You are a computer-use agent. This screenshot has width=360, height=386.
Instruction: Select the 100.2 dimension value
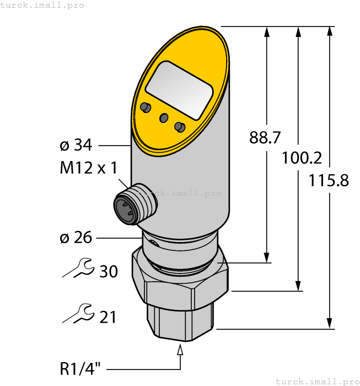pyautogui.click(x=302, y=158)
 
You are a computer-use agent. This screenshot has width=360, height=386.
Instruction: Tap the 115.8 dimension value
pyautogui.click(x=329, y=180)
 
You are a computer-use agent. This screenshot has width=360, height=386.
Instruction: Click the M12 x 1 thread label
pyautogui.click(x=88, y=168)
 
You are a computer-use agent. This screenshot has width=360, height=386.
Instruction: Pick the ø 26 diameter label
pyautogui.click(x=76, y=238)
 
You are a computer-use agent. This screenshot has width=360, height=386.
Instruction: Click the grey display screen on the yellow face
pyautogui.click(x=179, y=90)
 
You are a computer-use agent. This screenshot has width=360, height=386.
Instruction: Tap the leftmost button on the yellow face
pyautogui.click(x=146, y=107)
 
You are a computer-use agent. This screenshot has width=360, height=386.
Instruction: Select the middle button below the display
pyautogui.click(x=163, y=117)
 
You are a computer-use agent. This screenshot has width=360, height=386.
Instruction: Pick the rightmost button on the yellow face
pyautogui.click(x=179, y=127)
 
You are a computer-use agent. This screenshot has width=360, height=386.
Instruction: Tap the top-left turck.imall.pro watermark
pyautogui.click(x=42, y=5)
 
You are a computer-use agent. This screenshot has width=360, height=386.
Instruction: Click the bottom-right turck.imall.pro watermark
pyautogui.click(x=316, y=381)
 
